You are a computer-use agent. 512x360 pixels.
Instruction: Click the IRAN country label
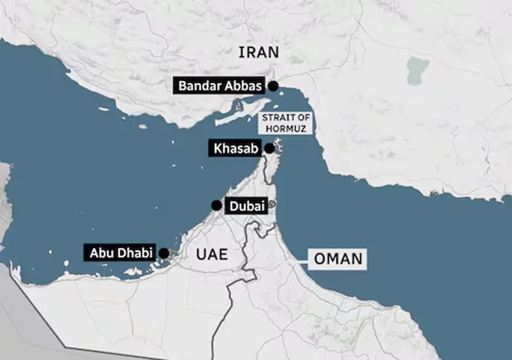tap(259, 52)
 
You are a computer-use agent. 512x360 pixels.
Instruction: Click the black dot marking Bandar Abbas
tap(273, 86)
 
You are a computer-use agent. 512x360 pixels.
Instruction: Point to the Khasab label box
tap(233, 149)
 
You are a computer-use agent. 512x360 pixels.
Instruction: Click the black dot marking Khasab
tap(269, 148)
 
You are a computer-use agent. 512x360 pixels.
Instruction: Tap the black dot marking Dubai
tap(216, 205)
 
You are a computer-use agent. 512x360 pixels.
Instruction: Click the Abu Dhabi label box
tap(121, 253)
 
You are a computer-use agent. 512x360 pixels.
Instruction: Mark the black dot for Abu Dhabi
tap(164, 253)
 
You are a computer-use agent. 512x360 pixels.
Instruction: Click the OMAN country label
tap(338, 259)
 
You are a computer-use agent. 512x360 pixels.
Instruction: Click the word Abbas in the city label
tap(240, 86)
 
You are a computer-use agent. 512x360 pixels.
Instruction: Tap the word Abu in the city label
tap(100, 253)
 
